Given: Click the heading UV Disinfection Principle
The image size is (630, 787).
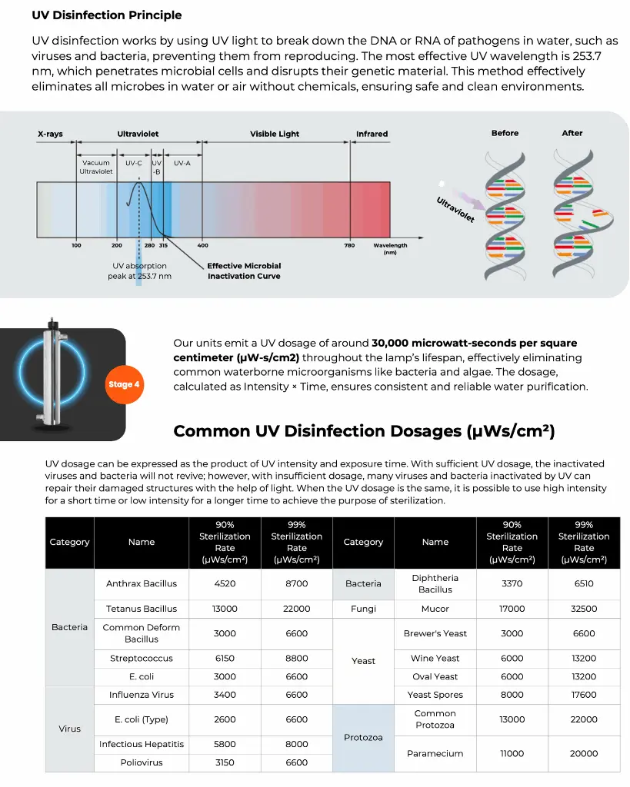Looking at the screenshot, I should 107,15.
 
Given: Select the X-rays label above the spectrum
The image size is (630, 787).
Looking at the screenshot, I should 50,134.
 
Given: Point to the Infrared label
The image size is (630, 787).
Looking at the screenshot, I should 372,134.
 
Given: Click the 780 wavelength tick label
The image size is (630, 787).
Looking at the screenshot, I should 349,245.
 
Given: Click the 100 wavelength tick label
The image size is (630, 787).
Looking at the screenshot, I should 76,245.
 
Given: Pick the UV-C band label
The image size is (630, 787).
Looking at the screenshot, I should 134,163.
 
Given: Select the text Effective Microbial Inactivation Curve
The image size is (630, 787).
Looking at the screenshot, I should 244,271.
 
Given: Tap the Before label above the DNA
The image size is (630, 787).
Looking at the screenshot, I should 505,133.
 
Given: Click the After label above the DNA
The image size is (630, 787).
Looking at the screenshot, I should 572,133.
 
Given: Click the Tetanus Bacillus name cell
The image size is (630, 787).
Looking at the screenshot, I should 142,609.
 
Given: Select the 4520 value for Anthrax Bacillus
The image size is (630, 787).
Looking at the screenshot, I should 225,583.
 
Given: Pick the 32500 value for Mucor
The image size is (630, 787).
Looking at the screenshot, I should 583,609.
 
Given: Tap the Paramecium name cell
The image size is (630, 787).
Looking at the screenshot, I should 435,753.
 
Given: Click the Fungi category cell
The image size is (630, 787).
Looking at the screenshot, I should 363,609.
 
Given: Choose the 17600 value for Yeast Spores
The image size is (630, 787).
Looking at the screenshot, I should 583,695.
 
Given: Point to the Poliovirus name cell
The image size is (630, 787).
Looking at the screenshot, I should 142,762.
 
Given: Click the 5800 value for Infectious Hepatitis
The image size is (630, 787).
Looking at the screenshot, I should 225,744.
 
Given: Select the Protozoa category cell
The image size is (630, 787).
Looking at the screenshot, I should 363,738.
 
